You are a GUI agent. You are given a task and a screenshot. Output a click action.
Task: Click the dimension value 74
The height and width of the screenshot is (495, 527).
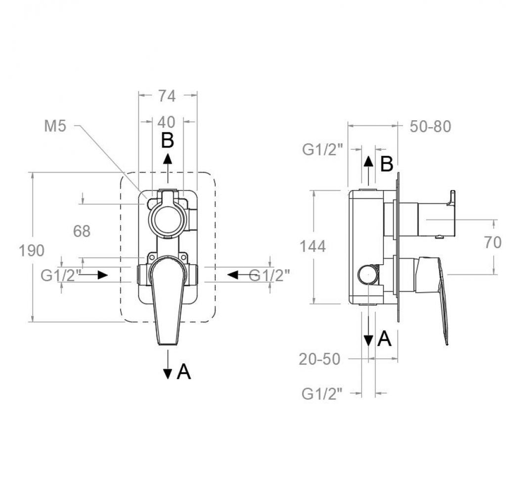(x=167, y=96)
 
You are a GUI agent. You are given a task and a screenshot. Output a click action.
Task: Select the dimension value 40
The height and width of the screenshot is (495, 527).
(x=167, y=122)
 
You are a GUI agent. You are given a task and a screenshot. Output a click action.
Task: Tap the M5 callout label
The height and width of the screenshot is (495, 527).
(x=55, y=126)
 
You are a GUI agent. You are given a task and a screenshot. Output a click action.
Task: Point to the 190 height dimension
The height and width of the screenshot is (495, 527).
(x=31, y=251)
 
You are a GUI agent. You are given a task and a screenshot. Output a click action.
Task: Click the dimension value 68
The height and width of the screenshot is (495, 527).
(x=82, y=231)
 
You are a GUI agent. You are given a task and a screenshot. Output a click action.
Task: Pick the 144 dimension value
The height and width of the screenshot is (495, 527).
(x=313, y=246)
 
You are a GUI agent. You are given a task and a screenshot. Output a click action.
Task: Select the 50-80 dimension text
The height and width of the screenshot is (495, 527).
(x=430, y=127)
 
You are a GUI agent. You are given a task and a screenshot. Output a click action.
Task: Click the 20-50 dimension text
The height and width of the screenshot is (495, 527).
(x=320, y=359)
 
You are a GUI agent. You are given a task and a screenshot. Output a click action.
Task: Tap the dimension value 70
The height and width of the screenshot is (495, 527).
(x=493, y=242)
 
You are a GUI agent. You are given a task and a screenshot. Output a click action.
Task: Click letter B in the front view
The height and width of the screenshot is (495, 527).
(x=168, y=140)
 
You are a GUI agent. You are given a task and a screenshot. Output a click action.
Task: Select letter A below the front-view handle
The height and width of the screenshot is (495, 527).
(x=183, y=372)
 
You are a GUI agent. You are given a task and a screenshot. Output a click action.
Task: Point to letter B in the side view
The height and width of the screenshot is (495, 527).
(x=386, y=164)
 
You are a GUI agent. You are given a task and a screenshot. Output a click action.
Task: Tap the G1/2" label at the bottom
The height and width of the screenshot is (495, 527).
(x=322, y=394)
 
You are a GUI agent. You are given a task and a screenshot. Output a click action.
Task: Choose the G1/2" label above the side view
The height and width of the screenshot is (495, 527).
(x=323, y=150)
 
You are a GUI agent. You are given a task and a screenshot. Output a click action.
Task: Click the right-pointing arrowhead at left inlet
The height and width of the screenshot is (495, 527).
(x=103, y=275)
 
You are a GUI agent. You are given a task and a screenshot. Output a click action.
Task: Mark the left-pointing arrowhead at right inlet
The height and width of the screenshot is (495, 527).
(x=232, y=275)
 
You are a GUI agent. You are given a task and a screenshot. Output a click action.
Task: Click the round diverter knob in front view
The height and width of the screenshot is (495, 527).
(x=167, y=218)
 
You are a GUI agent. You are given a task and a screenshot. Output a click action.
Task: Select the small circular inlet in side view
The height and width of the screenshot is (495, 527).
(x=368, y=274)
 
